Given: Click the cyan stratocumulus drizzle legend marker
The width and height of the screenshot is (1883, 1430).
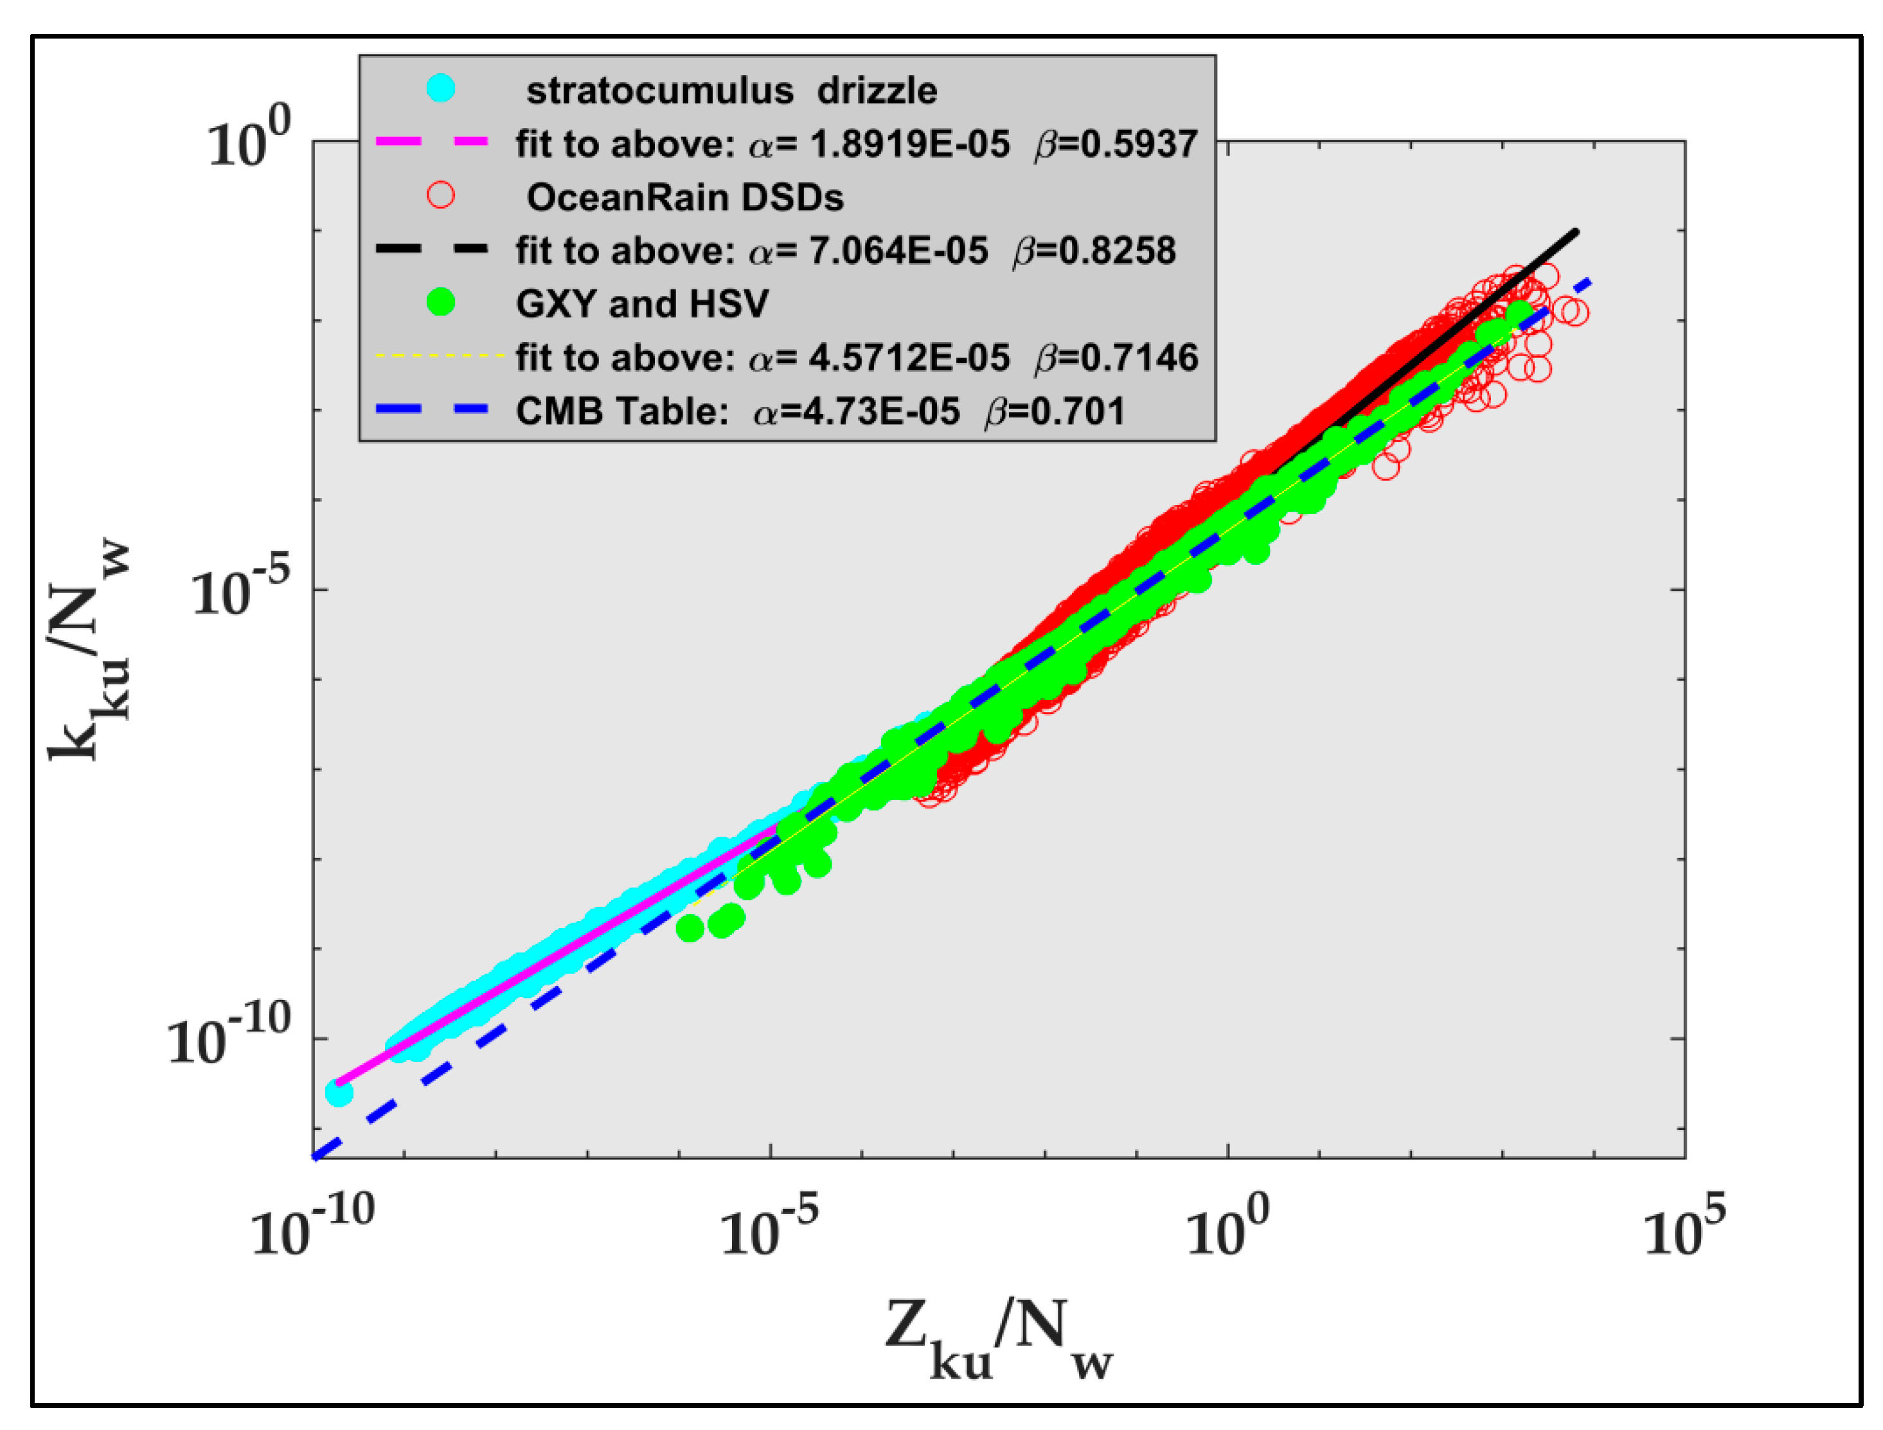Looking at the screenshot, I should point(440,89).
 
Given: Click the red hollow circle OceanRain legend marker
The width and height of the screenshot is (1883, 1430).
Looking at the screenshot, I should point(440,195).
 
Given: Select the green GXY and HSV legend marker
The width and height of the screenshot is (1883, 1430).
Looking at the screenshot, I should point(440,302).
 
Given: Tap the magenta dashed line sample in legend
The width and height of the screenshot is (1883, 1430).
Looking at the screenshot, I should point(432,142).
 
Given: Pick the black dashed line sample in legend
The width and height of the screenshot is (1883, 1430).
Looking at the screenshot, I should point(432,249).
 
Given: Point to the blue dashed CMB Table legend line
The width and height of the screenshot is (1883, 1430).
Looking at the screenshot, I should point(432,409).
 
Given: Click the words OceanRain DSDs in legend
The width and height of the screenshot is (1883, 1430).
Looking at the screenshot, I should point(684,197).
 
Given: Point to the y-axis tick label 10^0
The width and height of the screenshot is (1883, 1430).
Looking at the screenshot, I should point(249,141).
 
